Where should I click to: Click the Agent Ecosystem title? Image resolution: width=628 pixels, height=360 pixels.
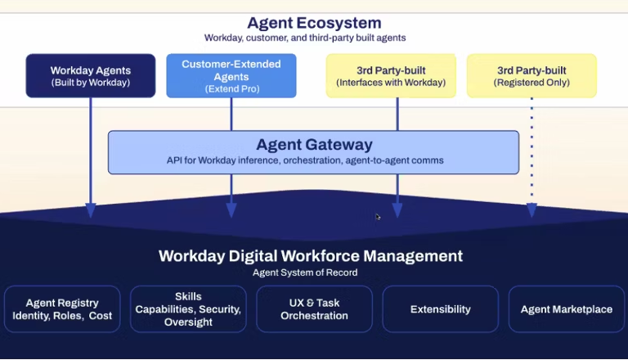click(314, 23)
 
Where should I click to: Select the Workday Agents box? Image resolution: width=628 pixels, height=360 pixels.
click(90, 76)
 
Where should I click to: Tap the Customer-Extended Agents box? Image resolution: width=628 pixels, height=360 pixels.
click(231, 75)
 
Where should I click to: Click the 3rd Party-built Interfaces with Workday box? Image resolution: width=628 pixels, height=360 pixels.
click(391, 76)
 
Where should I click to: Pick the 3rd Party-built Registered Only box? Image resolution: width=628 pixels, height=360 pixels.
click(532, 76)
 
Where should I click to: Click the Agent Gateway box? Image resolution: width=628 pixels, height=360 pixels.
click(313, 152)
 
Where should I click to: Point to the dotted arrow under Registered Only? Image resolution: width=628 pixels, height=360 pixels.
click(532, 155)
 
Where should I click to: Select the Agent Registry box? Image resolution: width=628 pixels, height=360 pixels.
click(62, 308)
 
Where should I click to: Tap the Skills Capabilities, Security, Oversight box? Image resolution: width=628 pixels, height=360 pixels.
click(188, 308)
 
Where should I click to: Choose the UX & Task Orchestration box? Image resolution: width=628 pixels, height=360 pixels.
click(314, 308)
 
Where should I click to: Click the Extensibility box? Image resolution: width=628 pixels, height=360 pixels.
click(440, 308)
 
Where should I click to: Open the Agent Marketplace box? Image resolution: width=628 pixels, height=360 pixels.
click(566, 308)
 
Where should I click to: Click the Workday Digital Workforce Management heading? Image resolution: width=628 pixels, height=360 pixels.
click(311, 256)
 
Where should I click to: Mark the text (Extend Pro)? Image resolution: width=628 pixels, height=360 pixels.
click(231, 88)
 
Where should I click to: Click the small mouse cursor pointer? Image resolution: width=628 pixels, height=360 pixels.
click(378, 217)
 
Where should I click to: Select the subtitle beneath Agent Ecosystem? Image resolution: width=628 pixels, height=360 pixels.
click(305, 38)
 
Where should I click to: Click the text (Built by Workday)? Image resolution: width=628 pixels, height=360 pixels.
click(90, 83)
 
